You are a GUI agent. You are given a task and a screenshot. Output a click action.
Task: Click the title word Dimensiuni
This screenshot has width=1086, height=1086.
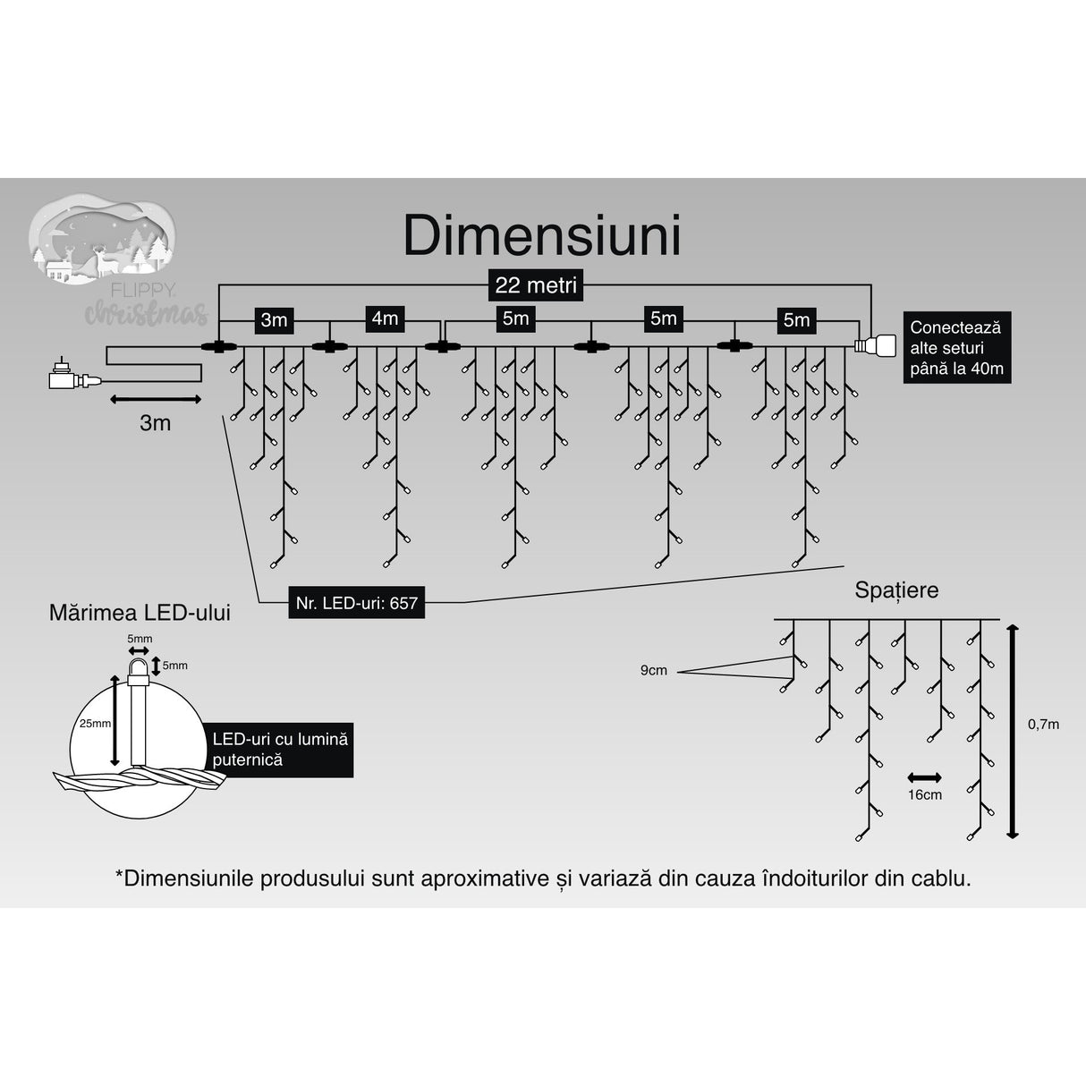point(542,237)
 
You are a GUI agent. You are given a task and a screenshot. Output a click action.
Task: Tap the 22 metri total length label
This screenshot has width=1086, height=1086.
point(536,285)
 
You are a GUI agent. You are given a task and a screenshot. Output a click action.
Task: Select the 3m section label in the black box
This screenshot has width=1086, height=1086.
point(274,319)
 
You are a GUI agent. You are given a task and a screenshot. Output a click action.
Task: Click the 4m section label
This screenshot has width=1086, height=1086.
point(385,318)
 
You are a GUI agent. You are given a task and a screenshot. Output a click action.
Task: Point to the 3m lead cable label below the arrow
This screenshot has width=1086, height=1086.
point(155,423)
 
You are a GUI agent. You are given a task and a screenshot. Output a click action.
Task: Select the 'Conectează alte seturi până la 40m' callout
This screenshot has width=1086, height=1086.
point(956,348)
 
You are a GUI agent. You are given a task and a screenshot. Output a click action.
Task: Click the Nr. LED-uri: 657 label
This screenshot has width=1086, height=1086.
point(357,603)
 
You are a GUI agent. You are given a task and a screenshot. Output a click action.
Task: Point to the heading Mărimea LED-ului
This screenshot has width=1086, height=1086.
point(140,613)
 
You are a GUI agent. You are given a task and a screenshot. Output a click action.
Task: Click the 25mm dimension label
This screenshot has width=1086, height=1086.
point(95,723)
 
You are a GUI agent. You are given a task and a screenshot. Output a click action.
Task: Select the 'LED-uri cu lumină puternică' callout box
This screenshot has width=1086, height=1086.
point(279,750)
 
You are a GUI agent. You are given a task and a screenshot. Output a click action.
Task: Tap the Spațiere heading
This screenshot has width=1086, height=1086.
point(896,590)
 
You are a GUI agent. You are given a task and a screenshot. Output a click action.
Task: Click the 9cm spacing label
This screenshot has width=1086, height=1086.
point(653,670)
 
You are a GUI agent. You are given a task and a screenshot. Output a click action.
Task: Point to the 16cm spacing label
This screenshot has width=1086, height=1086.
point(924,794)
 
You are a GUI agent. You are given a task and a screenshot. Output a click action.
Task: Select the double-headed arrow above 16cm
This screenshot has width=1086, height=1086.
point(924,776)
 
